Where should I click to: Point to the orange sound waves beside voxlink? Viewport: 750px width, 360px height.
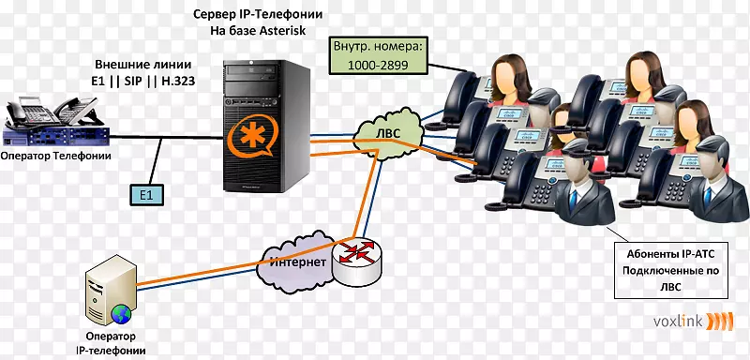(x=719, y=322)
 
